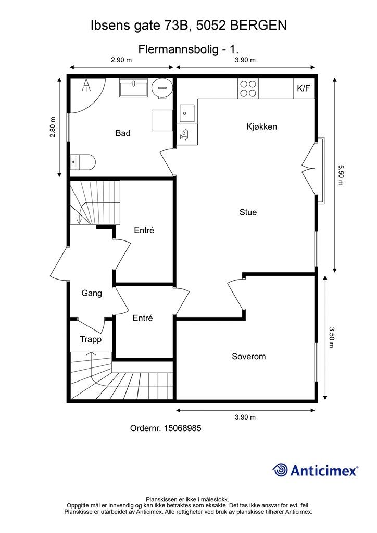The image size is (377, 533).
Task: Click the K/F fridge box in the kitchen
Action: (304, 88)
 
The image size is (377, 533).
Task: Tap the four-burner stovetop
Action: (248, 88)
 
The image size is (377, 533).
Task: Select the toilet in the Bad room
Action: (82, 162)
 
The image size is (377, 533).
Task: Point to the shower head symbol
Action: (86, 85)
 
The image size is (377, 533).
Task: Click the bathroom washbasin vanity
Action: (133, 87)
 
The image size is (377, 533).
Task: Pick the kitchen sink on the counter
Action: (187, 113)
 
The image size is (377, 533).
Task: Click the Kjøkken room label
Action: (262, 127)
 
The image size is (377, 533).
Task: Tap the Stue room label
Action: (248, 212)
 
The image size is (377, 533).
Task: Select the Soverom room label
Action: (249, 356)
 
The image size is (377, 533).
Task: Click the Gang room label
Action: (92, 293)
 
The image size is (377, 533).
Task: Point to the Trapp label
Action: (91, 339)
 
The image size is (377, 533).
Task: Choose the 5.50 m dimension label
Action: (340, 175)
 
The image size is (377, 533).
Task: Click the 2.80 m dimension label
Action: (53, 127)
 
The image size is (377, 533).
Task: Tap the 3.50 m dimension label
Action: (332, 337)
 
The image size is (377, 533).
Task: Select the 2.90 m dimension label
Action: (121, 60)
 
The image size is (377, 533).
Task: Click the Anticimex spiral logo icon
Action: (280, 470)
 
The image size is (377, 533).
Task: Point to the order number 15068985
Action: (183, 428)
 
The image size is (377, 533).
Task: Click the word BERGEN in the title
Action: (258, 26)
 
